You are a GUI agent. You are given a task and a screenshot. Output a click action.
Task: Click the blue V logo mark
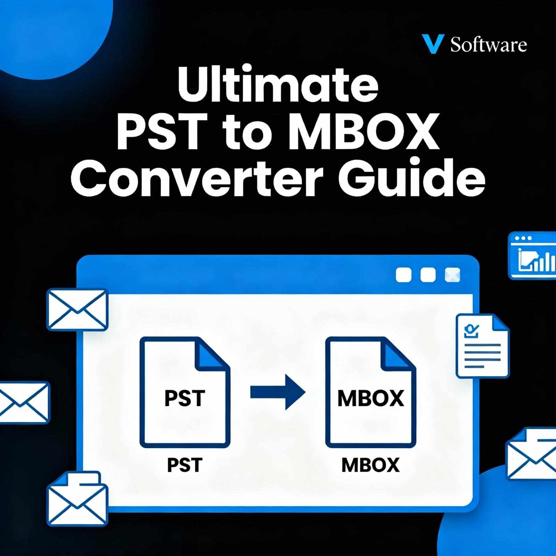pyautogui.click(x=432, y=44)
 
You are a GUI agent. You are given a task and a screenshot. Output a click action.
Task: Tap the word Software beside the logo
pyautogui.click(x=489, y=45)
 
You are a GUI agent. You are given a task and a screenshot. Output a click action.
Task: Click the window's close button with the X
pyautogui.click(x=452, y=275)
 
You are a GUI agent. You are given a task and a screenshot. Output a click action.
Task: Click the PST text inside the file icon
pyautogui.click(x=185, y=398)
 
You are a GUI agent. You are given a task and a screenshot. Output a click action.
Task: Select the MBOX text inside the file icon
pyautogui.click(x=370, y=398)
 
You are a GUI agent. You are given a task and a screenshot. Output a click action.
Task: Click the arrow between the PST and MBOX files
pyautogui.click(x=278, y=392)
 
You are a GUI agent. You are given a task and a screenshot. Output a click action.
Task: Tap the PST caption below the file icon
pyautogui.click(x=185, y=465)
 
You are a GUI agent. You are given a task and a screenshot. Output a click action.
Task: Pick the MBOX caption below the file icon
pyautogui.click(x=370, y=465)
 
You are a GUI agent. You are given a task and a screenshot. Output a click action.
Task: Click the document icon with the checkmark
pyautogui.click(x=482, y=346)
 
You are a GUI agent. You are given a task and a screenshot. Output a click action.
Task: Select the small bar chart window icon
pyautogui.click(x=532, y=256)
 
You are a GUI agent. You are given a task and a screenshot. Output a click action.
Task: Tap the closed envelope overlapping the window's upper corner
pyautogui.click(x=77, y=309)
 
